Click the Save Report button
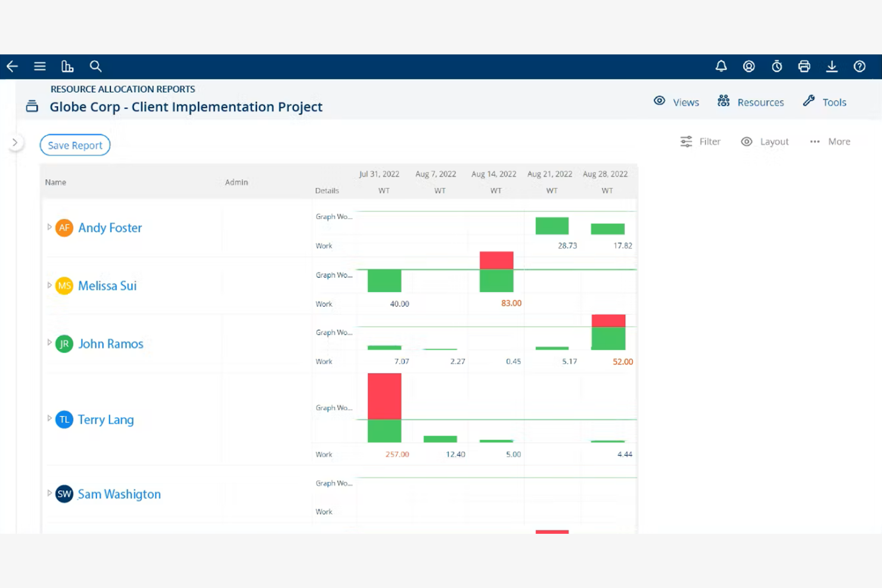[x=75, y=145]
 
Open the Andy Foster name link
[x=110, y=228]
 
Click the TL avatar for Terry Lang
[x=64, y=419]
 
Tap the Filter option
[x=701, y=142]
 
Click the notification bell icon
[x=721, y=66]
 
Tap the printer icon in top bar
[x=804, y=66]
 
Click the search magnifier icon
[x=95, y=66]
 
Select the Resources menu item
[x=751, y=102]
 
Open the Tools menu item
[x=825, y=102]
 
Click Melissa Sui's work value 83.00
[x=511, y=303]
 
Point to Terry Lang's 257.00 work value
[x=397, y=454]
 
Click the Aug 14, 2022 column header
[x=493, y=174]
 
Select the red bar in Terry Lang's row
[x=384, y=396]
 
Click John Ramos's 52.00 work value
[x=623, y=362]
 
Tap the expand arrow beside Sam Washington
[x=49, y=493]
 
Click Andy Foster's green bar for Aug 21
[x=552, y=226]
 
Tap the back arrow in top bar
[x=13, y=66]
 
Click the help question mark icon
[x=859, y=66]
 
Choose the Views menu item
[x=676, y=102]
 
